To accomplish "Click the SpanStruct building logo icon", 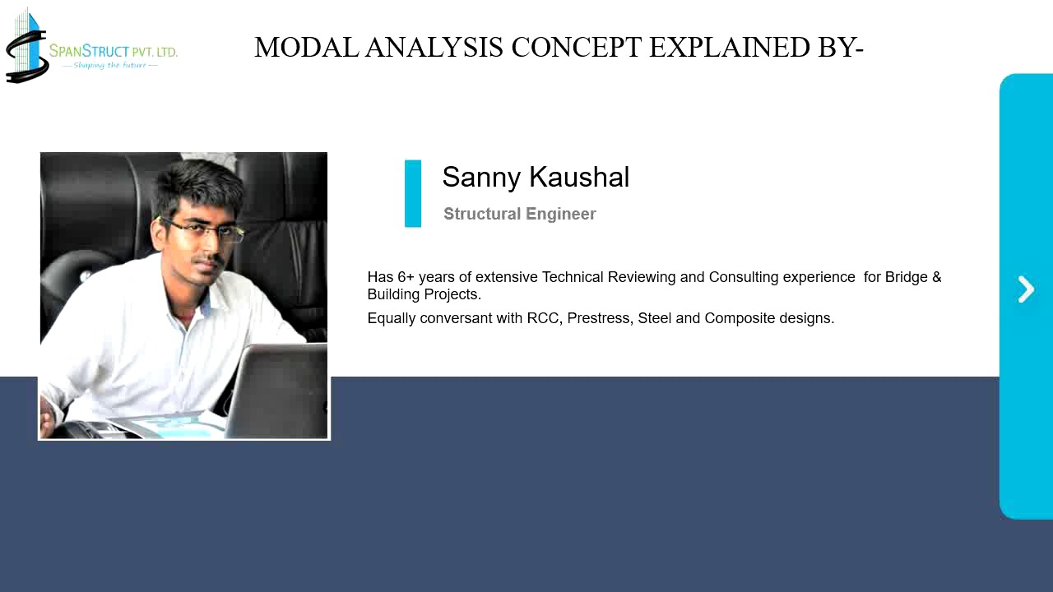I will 26,45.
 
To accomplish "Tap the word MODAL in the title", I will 307,48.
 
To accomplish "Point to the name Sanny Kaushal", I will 536,178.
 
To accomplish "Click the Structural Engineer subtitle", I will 519,215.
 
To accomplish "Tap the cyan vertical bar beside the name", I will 413,193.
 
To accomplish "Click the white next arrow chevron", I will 1026,289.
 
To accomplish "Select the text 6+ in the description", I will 406,277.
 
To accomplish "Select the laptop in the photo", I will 275,391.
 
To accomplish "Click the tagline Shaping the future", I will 109,65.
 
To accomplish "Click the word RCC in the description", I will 543,318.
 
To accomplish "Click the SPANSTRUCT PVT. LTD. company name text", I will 113,51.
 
